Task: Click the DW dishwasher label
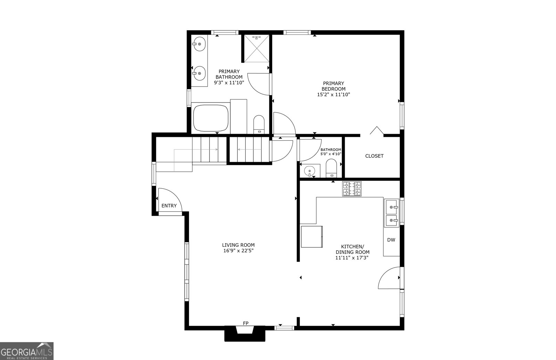pyautogui.click(x=391, y=240)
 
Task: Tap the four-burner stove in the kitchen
pyautogui.click(x=352, y=189)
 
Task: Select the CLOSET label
pyautogui.click(x=374, y=156)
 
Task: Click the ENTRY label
pyautogui.click(x=169, y=206)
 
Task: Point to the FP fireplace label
pyautogui.click(x=245, y=323)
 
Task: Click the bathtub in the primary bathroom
pyautogui.click(x=211, y=118)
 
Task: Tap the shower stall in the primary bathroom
pyautogui.click(x=257, y=48)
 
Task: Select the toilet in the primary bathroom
pyautogui.click(x=259, y=124)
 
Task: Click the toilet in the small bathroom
pyautogui.click(x=331, y=168)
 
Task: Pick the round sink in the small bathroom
pyautogui.click(x=310, y=171)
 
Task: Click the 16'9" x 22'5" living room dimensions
pyautogui.click(x=238, y=251)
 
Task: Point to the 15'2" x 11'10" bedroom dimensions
pyautogui.click(x=334, y=95)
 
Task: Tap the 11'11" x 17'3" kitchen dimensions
pyautogui.click(x=352, y=258)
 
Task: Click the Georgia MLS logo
pyautogui.click(x=26, y=351)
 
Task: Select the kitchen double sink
pyautogui.click(x=392, y=213)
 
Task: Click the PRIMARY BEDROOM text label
pyautogui.click(x=334, y=86)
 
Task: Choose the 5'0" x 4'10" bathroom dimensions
pyautogui.click(x=330, y=154)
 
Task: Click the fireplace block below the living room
pyautogui.click(x=245, y=335)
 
